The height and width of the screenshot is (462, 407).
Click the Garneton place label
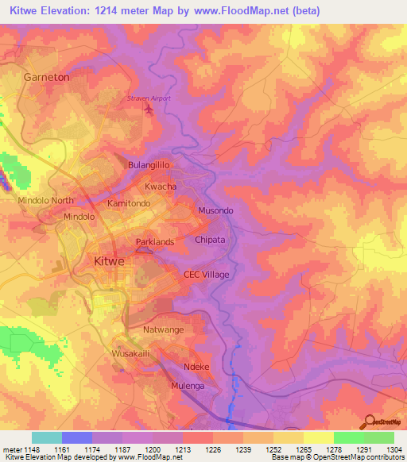(46, 78)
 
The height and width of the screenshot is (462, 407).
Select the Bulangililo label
(150, 165)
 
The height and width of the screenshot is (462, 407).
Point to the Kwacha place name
(161, 186)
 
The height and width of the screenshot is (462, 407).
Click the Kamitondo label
(129, 203)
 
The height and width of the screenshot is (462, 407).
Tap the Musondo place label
(215, 210)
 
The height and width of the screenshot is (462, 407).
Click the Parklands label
(154, 241)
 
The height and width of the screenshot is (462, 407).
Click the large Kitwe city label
(110, 261)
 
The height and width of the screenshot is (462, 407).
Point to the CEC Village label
(206, 275)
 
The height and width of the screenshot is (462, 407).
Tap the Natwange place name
(164, 329)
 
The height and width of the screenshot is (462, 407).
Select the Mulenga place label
(188, 386)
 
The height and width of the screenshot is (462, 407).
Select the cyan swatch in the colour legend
(46, 437)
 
